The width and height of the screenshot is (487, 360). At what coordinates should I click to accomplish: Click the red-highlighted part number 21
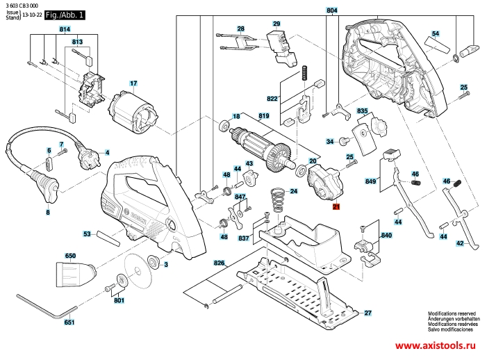(336, 207)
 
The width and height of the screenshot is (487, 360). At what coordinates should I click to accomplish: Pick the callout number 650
(70, 256)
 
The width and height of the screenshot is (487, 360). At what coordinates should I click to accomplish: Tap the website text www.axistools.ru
(440, 345)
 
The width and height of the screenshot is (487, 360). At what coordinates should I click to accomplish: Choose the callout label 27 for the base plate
(368, 313)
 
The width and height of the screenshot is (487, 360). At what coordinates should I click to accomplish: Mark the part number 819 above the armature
(264, 115)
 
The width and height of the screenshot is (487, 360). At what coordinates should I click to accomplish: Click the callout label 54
(435, 33)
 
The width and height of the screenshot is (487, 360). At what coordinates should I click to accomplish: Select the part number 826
(220, 263)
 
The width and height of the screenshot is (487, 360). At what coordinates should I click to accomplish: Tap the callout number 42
(460, 243)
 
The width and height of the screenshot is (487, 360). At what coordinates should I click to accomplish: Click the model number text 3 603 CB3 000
(22, 5)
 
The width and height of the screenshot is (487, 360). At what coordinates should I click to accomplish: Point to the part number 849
(370, 182)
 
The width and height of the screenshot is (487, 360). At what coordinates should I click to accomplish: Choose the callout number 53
(88, 234)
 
